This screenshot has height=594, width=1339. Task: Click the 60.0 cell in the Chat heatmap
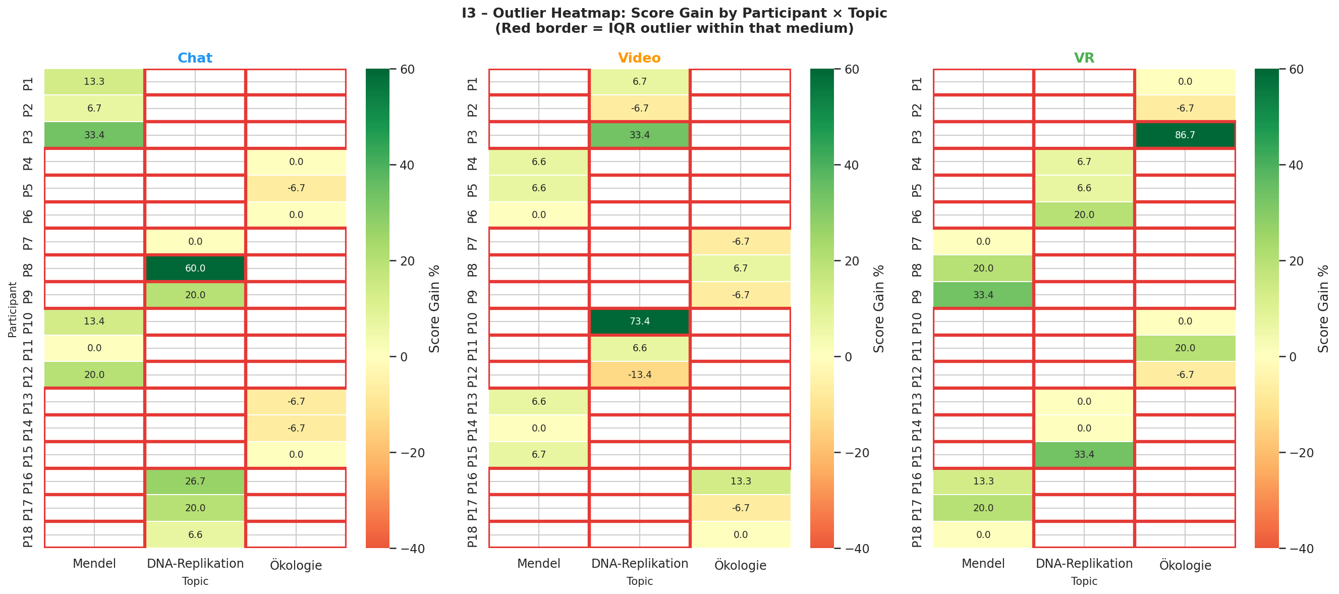pos(195,268)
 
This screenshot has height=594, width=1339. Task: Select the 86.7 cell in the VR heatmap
pos(1185,135)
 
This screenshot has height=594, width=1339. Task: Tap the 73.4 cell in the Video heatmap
pos(639,321)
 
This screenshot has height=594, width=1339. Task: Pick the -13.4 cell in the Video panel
pos(639,374)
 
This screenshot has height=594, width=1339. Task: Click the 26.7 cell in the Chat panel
pos(195,481)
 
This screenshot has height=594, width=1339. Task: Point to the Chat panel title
pos(195,58)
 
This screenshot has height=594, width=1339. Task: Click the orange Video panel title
pos(639,58)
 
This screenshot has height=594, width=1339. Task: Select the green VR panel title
pos(1084,58)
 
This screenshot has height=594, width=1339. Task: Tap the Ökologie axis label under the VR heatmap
pos(1185,565)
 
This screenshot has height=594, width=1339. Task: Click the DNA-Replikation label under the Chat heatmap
pos(195,563)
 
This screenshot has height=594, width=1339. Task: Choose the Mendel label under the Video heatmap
pos(538,563)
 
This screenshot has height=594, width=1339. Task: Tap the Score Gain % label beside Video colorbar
pos(878,309)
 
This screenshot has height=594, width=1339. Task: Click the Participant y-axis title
pos(13,309)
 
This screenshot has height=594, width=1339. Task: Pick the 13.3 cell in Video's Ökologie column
pos(740,481)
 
